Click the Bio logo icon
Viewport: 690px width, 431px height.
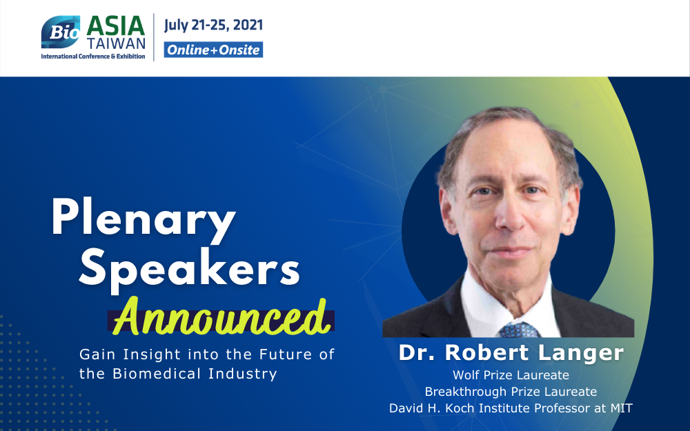pyautogui.click(x=61, y=32)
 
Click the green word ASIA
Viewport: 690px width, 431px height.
pyautogui.click(x=116, y=26)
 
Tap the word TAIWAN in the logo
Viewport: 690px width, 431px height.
pyautogui.click(x=116, y=43)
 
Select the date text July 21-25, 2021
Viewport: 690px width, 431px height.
pyautogui.click(x=213, y=25)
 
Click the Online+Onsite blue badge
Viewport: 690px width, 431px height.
pyautogui.click(x=213, y=50)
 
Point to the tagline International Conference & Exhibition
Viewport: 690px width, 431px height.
pyautogui.click(x=93, y=57)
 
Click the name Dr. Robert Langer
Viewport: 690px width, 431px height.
pyautogui.click(x=511, y=352)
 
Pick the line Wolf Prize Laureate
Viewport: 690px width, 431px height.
pyautogui.click(x=511, y=375)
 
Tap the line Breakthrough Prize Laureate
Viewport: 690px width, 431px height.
pyautogui.click(x=511, y=392)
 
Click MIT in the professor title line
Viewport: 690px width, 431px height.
pyautogui.click(x=622, y=408)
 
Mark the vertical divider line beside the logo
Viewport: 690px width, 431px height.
pyautogui.click(x=154, y=37)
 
